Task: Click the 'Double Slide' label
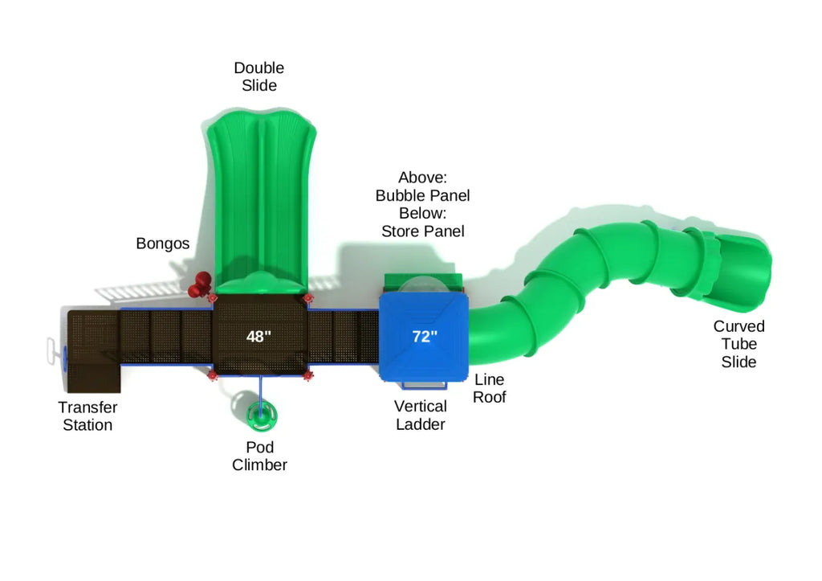click(258, 76)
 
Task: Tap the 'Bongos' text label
click(163, 243)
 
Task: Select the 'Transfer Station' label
click(87, 416)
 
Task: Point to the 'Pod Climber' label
click(259, 456)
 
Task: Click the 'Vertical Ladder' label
click(420, 415)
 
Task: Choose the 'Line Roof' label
click(489, 388)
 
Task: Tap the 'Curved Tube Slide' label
click(739, 344)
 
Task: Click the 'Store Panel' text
click(422, 231)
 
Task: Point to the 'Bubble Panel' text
click(422, 195)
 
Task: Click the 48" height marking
click(258, 337)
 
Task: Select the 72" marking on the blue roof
click(425, 337)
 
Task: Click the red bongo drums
click(200, 283)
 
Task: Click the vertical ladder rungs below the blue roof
click(421, 385)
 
